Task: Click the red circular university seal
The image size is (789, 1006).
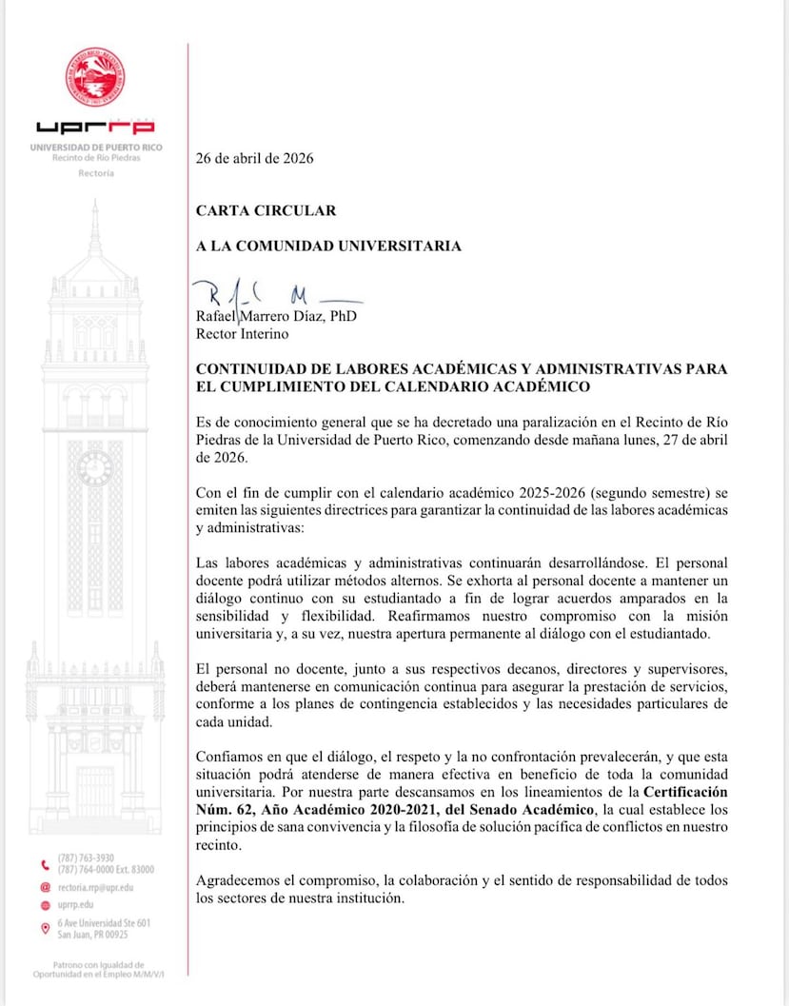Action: pos(94,76)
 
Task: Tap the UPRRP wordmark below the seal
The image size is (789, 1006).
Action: pos(94,127)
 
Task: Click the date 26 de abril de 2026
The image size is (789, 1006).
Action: pos(254,158)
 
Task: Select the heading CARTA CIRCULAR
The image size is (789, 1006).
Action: pos(266,210)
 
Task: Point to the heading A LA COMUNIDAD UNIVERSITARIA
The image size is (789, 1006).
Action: pos(328,246)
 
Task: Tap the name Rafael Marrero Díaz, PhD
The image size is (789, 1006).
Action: pos(276,316)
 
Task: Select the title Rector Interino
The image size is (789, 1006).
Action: pos(242,333)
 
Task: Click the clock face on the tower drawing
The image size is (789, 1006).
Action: pos(94,468)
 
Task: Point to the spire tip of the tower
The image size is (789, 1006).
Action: pos(94,204)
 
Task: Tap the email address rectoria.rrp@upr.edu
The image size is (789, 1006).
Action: pos(95,887)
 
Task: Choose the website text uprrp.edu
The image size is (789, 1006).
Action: pos(76,905)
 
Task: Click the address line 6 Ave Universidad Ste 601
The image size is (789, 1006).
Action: pos(104,922)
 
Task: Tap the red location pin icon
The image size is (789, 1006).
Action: pos(45,928)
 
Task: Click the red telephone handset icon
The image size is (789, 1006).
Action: pos(45,864)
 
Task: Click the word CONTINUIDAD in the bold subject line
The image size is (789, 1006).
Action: pos(246,369)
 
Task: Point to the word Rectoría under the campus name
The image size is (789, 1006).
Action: pos(95,174)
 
